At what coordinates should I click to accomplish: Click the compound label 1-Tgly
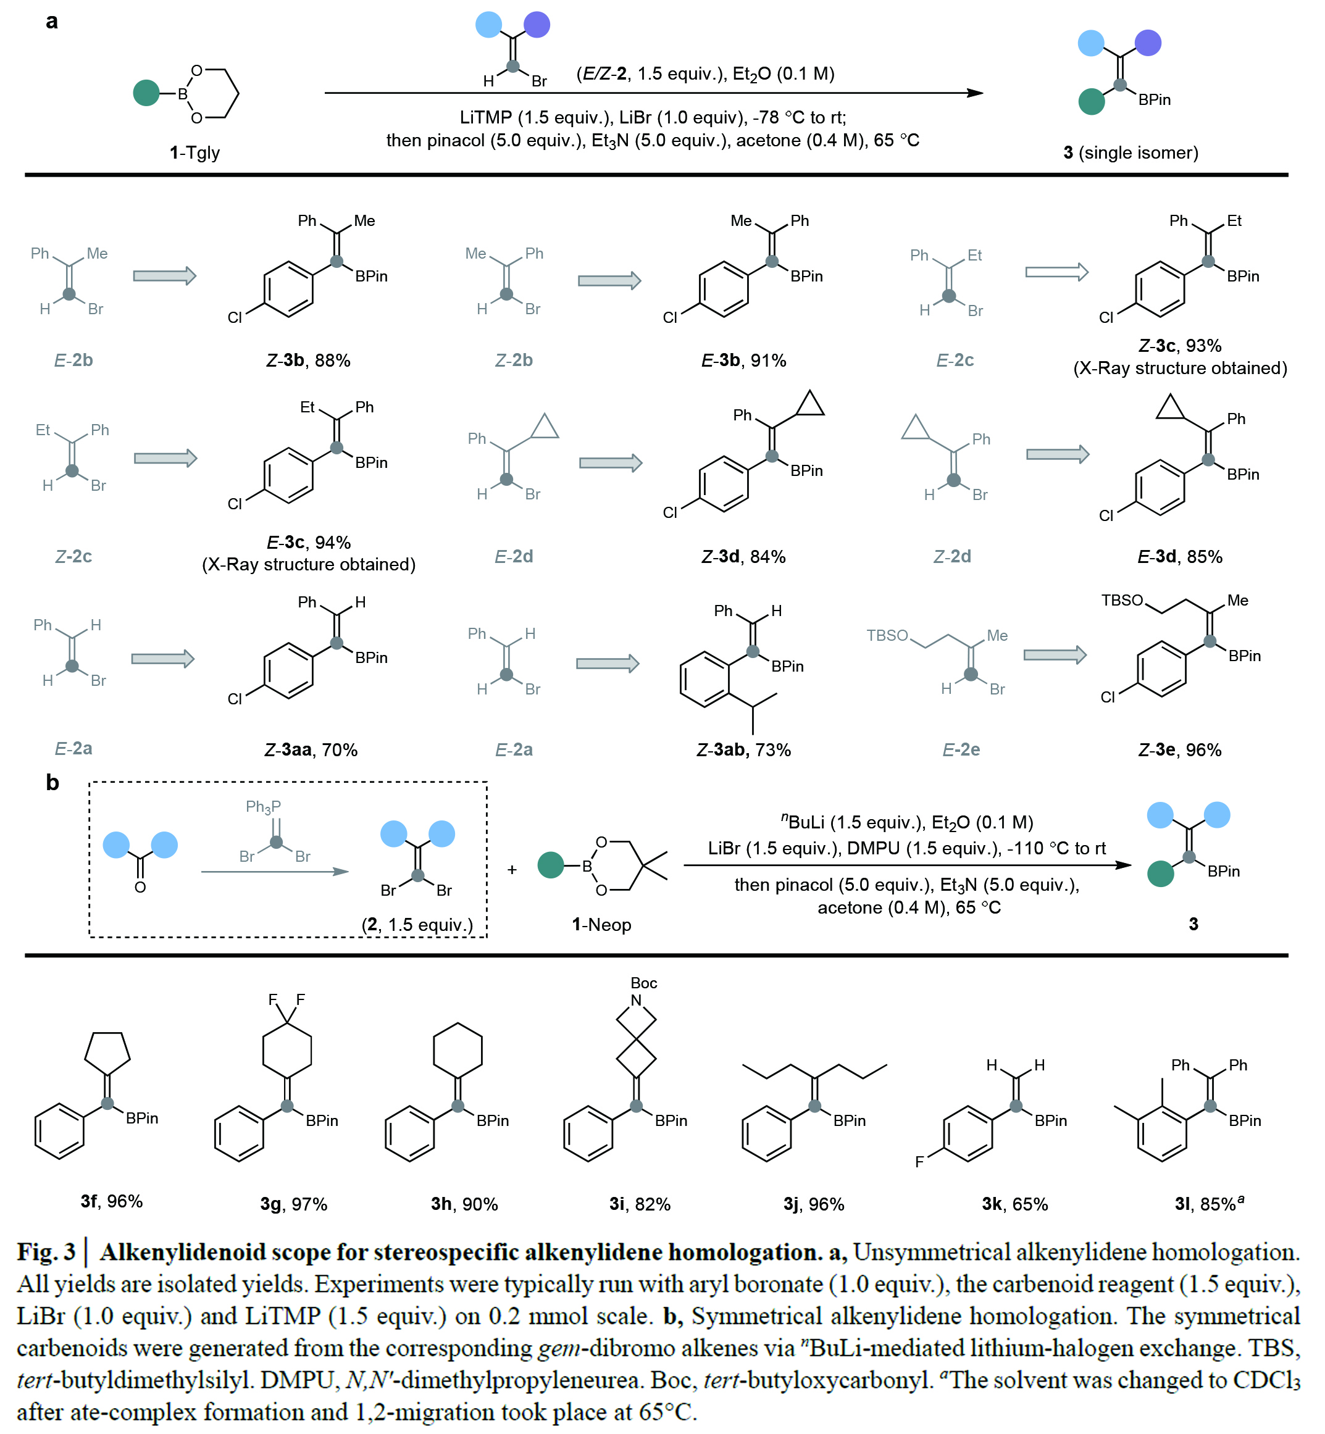[x=194, y=152]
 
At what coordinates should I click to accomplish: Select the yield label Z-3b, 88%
[x=308, y=361]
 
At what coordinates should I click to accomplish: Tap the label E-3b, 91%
[x=743, y=361]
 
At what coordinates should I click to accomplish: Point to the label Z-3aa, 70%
[x=311, y=750]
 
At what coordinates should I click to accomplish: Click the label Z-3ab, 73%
[x=743, y=750]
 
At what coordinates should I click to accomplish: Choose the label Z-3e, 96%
[x=1179, y=750]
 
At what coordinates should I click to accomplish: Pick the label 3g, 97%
[x=293, y=1204]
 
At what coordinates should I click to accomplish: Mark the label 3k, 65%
[x=1014, y=1204]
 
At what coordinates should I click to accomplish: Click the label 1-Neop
[x=601, y=924]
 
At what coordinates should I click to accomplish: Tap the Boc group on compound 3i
[x=643, y=983]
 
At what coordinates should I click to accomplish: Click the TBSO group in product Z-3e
[x=1121, y=601]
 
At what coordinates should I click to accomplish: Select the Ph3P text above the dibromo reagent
[x=263, y=807]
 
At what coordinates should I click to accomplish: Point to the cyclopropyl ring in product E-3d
[x=1169, y=408]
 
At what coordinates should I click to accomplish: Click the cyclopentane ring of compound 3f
[x=107, y=1051]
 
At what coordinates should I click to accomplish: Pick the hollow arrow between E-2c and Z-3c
[x=1056, y=272]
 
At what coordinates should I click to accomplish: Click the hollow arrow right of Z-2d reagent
[x=1058, y=454]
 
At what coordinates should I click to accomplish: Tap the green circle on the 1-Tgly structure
[x=146, y=93]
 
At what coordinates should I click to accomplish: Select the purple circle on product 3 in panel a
[x=1148, y=43]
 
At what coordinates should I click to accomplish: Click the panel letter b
[x=52, y=782]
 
